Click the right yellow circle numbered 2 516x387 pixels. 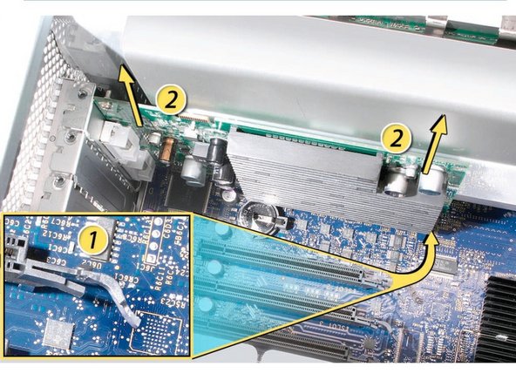tap(396, 138)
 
